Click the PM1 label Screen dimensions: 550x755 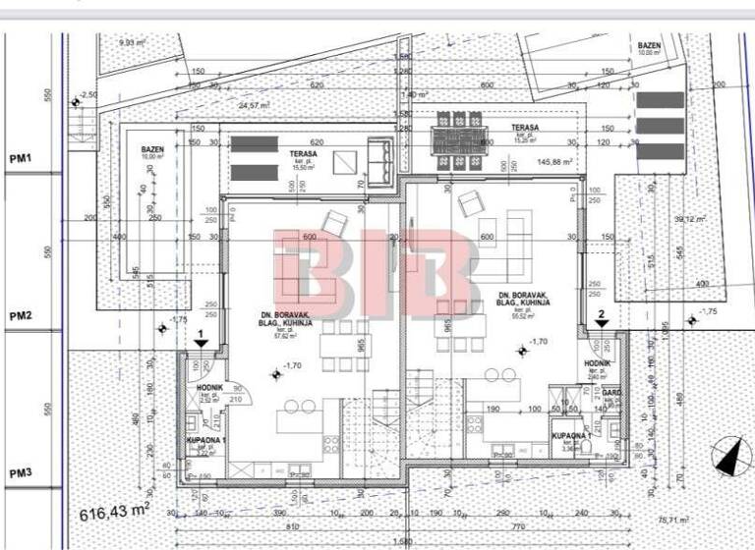[x=21, y=158]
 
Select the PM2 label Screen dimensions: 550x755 [x=21, y=315]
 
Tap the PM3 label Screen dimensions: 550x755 [x=21, y=473]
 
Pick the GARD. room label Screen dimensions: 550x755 [x=612, y=394]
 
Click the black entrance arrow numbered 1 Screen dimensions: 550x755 [x=201, y=339]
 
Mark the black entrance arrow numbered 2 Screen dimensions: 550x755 [x=602, y=318]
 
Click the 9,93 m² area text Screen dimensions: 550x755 [x=132, y=43]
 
